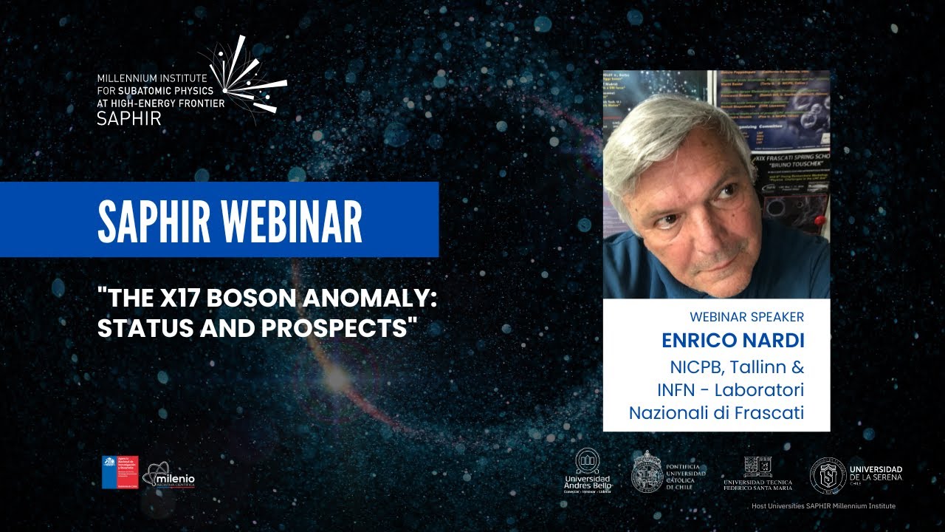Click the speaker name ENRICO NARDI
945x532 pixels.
click(x=732, y=341)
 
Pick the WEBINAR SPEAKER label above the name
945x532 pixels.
click(x=746, y=317)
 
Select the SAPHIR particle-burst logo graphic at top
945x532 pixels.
click(x=247, y=78)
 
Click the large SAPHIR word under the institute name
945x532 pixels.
click(x=129, y=118)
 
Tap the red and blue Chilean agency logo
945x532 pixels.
click(x=120, y=472)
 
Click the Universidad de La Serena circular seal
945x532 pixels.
click(x=828, y=474)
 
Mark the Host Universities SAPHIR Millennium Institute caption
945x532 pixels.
click(x=823, y=506)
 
